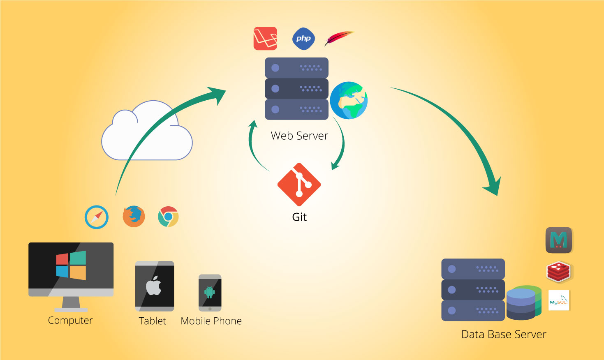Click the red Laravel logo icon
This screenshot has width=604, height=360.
click(265, 38)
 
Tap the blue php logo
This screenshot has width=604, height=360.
click(303, 39)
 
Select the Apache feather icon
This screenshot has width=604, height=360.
click(339, 38)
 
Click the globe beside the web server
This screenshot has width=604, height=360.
click(349, 100)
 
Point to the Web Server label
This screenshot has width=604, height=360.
click(299, 136)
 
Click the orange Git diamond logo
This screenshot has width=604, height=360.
click(299, 185)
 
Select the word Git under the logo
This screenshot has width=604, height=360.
click(299, 217)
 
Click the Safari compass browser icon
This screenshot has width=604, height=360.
click(97, 217)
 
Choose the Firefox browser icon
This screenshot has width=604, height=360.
click(134, 217)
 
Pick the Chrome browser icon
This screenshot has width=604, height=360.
click(168, 217)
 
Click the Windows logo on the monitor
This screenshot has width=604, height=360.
click(71, 265)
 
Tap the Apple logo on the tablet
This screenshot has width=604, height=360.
click(154, 286)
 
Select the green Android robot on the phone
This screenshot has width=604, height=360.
click(210, 292)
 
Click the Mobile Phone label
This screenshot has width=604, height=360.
click(211, 321)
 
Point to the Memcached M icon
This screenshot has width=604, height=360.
click(559, 240)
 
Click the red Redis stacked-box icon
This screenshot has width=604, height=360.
click(558, 272)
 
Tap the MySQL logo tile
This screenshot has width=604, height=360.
click(559, 300)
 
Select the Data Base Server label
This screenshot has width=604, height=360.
click(504, 335)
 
